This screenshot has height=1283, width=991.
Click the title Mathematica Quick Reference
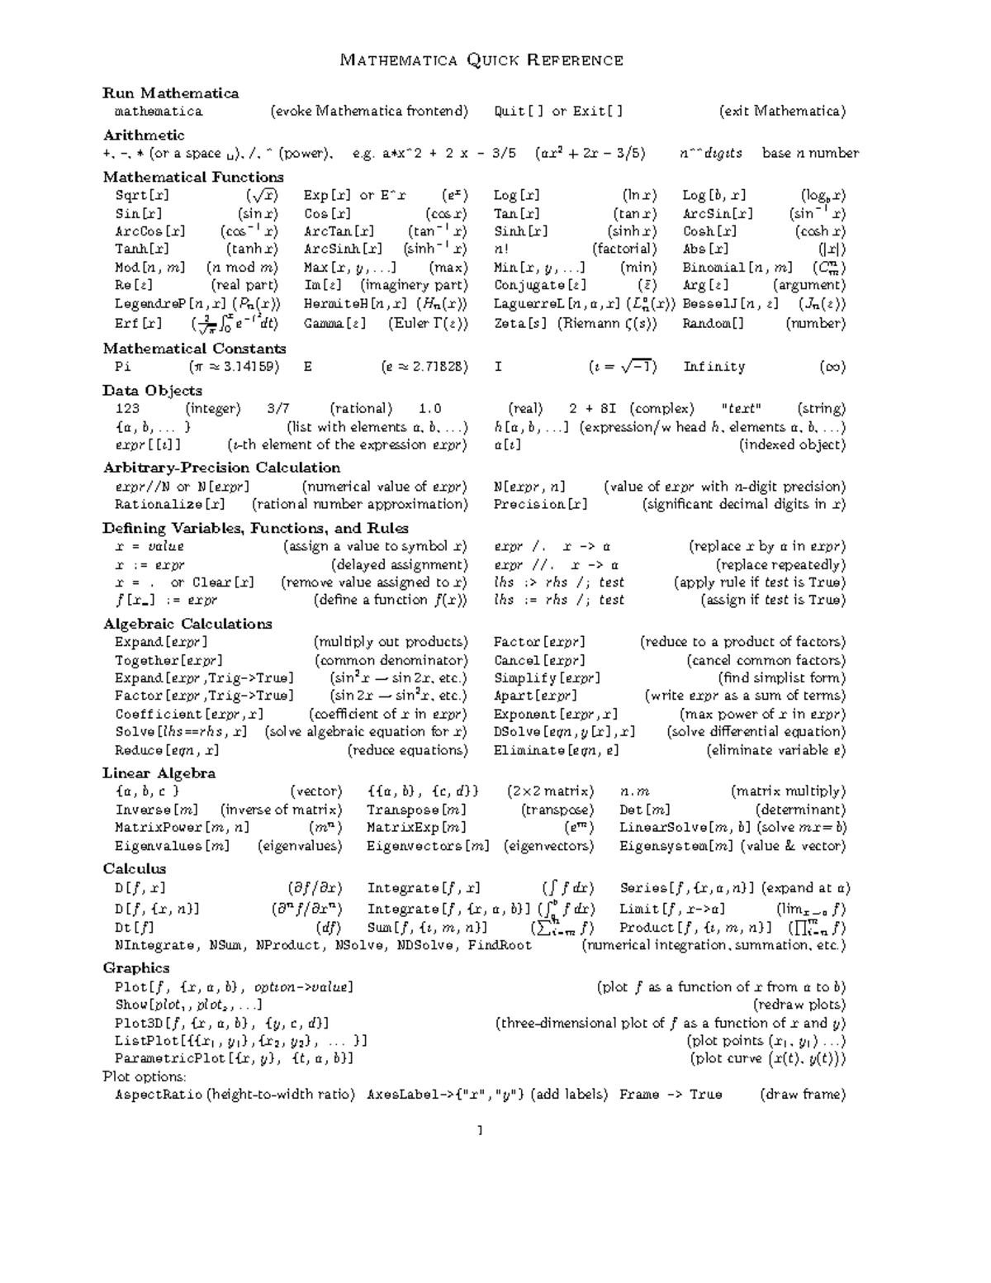click(482, 59)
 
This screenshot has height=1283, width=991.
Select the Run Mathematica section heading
click(171, 93)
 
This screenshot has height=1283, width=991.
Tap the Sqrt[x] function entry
click(142, 196)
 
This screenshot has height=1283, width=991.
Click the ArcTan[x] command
click(339, 232)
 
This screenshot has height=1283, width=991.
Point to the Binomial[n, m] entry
click(737, 268)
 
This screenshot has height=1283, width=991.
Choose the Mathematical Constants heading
click(194, 349)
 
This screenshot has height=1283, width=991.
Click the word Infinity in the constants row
click(714, 367)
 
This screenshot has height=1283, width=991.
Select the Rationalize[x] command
click(170, 504)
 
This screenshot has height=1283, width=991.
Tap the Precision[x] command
click(541, 504)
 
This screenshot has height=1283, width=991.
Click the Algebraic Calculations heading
click(187, 624)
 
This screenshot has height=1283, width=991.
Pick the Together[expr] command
click(168, 661)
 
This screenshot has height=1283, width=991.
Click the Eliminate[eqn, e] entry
click(556, 751)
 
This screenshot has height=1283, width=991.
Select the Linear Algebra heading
click(159, 773)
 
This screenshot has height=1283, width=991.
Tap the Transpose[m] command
click(416, 810)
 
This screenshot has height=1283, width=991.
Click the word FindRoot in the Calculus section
click(500, 945)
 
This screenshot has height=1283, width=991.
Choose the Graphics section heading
click(136, 967)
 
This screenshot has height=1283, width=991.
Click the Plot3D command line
click(222, 1023)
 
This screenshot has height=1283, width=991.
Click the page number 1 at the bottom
click(479, 1130)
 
